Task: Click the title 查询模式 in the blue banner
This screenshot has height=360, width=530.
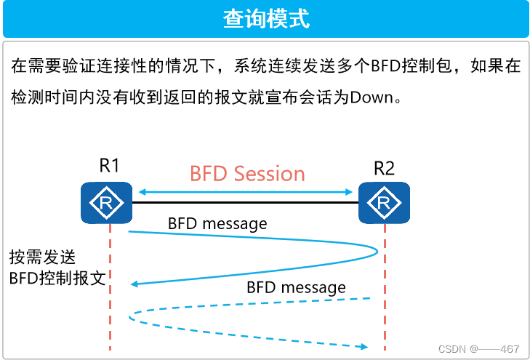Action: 265,18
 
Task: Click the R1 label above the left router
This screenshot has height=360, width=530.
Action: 110,166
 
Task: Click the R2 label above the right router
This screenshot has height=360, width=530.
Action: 384,169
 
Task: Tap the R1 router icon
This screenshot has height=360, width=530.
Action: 107,202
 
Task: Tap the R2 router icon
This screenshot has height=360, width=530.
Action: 384,202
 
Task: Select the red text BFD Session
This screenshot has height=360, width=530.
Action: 247,174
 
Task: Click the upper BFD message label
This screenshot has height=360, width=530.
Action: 217,223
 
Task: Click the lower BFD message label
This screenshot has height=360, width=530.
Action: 296,287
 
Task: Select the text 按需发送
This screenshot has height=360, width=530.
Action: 42,257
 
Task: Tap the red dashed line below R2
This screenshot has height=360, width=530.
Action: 384,320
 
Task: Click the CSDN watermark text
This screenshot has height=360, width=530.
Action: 479,348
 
